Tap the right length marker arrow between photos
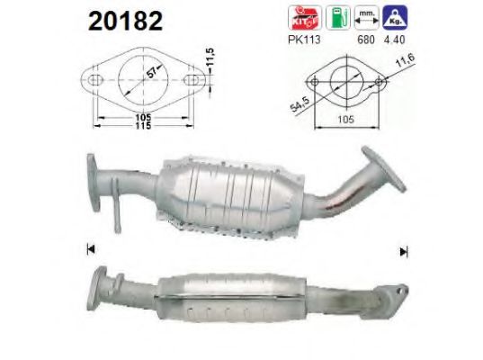coord(403,251)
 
